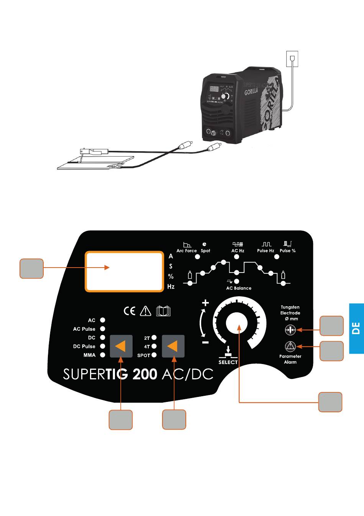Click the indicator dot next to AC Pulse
[x=103, y=329]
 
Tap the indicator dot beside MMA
[x=103, y=355]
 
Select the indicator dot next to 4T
[x=154, y=346]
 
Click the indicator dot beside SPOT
[x=154, y=355]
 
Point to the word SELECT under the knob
[x=228, y=362]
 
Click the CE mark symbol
[x=130, y=311]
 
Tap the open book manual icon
[x=163, y=311]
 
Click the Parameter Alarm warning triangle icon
[x=290, y=346]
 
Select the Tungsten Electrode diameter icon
[x=290, y=330]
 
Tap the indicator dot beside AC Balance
[x=236, y=281]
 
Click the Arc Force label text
[x=187, y=251]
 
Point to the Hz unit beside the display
[x=171, y=286]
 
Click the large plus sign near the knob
[x=206, y=303]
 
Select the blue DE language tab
[x=356, y=328]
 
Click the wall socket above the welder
[x=292, y=59]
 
